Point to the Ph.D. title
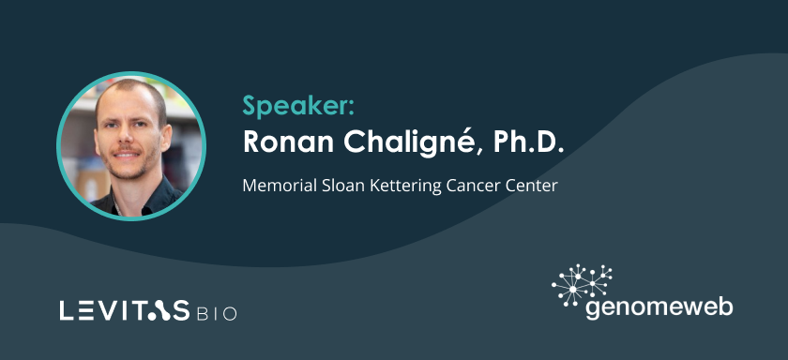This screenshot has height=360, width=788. coord(529,142)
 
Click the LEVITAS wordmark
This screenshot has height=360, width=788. coord(125,310)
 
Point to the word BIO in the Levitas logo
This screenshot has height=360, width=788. coord(217,313)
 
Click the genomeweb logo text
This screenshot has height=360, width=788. coord(659,307)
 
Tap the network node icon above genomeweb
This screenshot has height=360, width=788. coord(582,284)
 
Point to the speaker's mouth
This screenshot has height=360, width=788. coord(127,154)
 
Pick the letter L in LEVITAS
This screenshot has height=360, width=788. coord(66,310)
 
